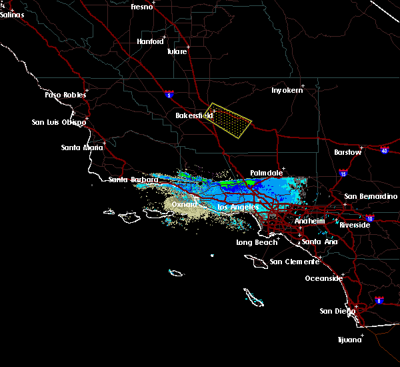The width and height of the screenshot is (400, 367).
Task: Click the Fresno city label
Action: pyautogui.click(x=141, y=7)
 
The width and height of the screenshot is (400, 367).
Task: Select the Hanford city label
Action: pyautogui.click(x=150, y=41)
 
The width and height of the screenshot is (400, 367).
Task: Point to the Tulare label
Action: pyautogui.click(x=177, y=51)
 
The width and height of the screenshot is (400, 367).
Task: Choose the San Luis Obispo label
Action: pyautogui.click(x=59, y=122)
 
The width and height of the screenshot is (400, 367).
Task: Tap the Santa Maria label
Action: pyautogui.click(x=82, y=147)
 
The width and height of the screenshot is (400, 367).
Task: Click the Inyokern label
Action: pyautogui.click(x=287, y=90)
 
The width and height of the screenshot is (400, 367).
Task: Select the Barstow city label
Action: pyautogui.click(x=348, y=152)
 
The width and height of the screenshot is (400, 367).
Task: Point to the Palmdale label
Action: pyautogui.click(x=267, y=173)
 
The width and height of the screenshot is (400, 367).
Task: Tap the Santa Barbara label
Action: pyautogui.click(x=133, y=179)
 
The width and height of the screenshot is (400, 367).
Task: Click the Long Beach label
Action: pyautogui.click(x=254, y=242)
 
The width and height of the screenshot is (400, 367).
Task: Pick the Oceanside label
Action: pyautogui.click(x=323, y=278)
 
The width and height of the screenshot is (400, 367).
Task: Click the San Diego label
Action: pyautogui.click(x=335, y=311)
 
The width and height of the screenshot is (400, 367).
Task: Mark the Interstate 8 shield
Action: pyautogui.click(x=379, y=300)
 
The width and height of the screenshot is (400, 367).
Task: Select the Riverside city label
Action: pyautogui.click(x=354, y=225)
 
